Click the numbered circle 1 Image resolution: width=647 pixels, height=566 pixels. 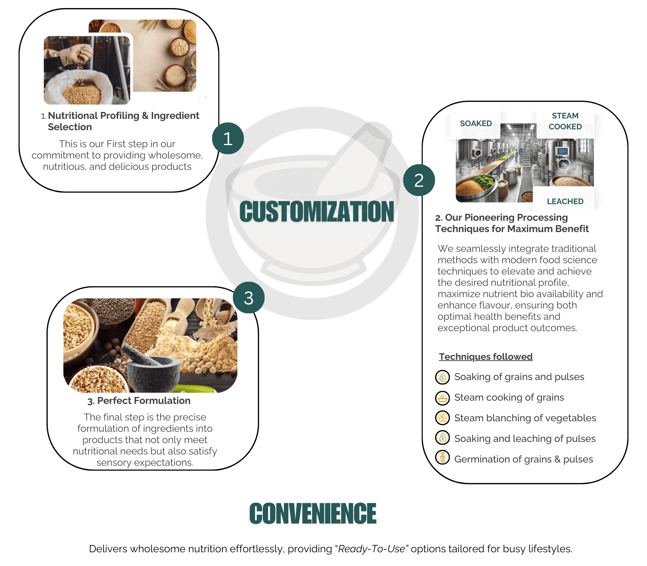228,138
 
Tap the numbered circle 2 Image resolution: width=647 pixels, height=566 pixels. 419,180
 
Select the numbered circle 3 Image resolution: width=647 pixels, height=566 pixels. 249,298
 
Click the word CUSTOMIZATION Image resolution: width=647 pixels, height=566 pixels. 317,211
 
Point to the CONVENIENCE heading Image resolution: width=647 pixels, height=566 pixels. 313,513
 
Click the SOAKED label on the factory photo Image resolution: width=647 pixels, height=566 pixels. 476,123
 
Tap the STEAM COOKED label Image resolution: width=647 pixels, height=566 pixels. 565,121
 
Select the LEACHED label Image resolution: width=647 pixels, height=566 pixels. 565,201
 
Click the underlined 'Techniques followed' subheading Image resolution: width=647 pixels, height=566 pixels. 486,357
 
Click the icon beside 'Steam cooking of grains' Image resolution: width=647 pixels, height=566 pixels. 442,398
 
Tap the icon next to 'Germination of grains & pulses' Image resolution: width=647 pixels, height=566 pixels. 442,457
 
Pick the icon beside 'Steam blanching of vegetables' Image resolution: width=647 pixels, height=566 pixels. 442,418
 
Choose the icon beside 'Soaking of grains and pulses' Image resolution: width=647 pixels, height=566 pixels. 442,377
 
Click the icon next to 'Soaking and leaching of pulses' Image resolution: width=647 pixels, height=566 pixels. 442,437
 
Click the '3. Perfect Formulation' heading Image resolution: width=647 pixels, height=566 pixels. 139,401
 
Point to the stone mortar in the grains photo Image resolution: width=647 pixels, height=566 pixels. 152,368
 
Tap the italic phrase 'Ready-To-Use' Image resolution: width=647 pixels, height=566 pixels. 372,549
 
